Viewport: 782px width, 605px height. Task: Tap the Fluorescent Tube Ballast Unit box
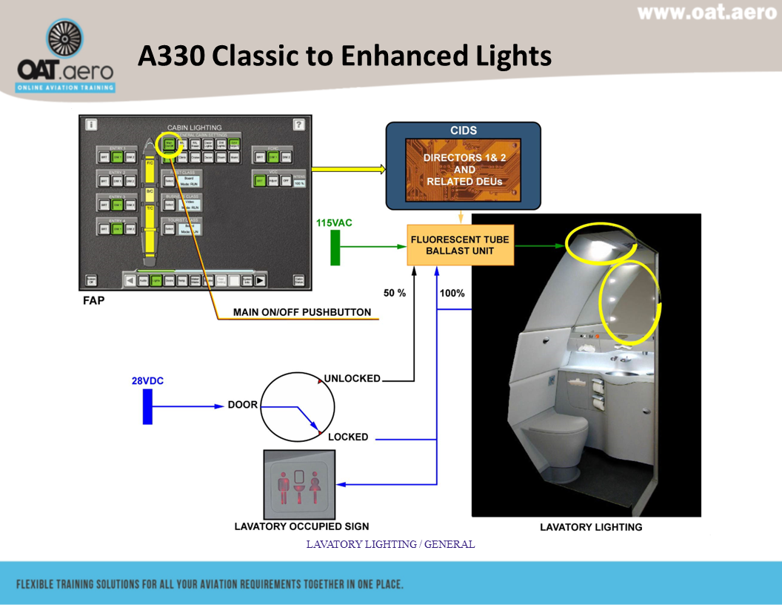460,245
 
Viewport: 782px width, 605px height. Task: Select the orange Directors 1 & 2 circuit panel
463,170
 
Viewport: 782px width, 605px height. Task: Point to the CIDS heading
464,130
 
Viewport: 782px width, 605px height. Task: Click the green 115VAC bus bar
335,247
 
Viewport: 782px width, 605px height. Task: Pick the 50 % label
395,293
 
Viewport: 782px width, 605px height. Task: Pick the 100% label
452,293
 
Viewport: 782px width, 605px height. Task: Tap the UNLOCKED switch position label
352,378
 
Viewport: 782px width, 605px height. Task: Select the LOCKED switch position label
348,437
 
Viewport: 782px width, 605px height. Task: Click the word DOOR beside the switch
242,406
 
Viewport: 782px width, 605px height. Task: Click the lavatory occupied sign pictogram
299,484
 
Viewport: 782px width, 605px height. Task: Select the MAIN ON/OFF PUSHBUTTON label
302,312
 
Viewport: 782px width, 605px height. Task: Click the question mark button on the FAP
299,125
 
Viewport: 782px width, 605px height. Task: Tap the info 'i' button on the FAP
91,125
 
